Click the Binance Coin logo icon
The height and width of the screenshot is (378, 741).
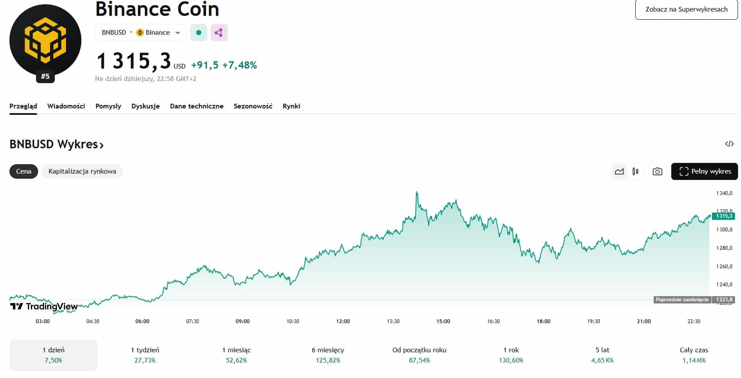coord(45,40)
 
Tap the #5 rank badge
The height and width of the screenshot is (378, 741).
coord(45,77)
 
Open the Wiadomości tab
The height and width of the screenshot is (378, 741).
coord(66,106)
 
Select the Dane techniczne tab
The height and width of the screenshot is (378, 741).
coord(197,106)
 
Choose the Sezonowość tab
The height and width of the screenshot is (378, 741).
coord(253,106)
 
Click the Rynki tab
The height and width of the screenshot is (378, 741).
coord(291,106)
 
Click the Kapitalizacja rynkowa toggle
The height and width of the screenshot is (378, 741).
coord(82,171)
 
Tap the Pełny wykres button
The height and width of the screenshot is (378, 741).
coord(704,171)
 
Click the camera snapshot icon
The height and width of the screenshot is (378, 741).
coord(657,171)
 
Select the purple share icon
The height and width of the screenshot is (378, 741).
coord(219,33)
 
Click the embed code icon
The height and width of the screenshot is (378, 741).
coord(729,144)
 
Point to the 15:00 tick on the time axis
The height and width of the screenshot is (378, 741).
coord(443,321)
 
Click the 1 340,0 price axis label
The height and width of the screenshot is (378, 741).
coord(724,193)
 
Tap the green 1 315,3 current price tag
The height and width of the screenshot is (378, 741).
coord(724,216)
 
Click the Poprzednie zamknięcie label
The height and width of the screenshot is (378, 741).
coord(682,300)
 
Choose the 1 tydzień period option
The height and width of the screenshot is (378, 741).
coord(145,355)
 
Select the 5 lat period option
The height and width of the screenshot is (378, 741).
coord(602,355)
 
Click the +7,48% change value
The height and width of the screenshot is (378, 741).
coord(239,65)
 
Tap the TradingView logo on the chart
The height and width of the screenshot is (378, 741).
coord(44,306)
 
